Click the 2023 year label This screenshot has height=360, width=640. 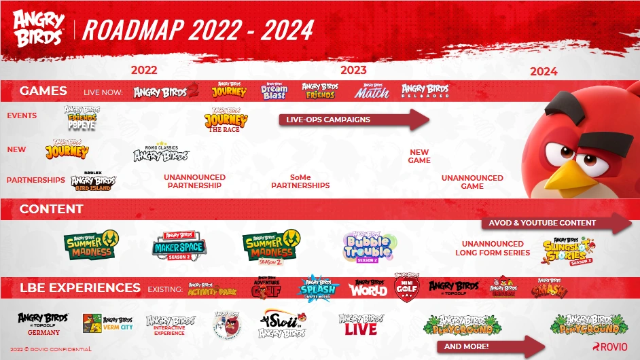[353, 70]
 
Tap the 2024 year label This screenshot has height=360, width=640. [544, 71]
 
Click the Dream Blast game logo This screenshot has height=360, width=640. [274, 92]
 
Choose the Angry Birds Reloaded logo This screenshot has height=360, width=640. [425, 91]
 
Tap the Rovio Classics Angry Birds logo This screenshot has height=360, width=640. [161, 152]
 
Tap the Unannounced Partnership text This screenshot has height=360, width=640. [194, 181]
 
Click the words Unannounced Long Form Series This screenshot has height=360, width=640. [493, 248]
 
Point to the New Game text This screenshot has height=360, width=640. [419, 156]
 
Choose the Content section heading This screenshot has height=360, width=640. [51, 209]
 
